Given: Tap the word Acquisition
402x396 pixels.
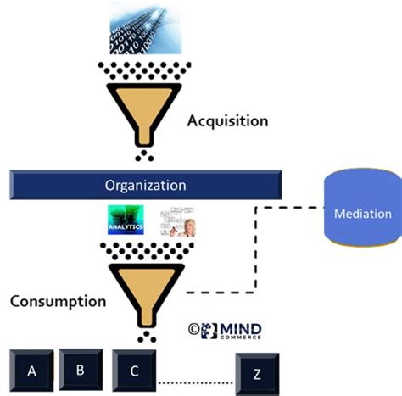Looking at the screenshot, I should click(x=227, y=120).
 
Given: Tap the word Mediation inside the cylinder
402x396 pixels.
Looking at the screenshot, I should click(x=362, y=214).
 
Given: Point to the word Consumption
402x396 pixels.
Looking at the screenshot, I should click(x=59, y=300).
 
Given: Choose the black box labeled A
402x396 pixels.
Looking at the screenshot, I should click(x=32, y=371).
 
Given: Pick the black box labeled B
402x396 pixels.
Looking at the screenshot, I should click(x=81, y=371).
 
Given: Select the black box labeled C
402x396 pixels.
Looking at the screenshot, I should click(x=135, y=371).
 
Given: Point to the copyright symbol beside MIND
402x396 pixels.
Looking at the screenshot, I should click(x=194, y=326).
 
